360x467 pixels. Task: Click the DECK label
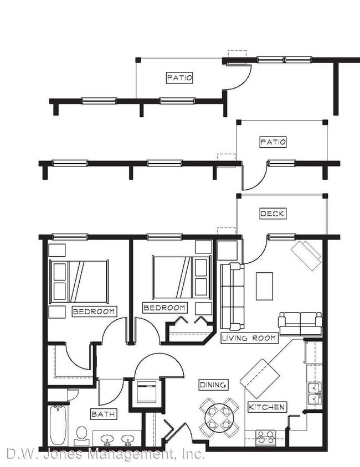click(272, 214)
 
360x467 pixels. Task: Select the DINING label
click(213, 385)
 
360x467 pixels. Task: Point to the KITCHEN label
click(267, 407)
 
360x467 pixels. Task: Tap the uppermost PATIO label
click(179, 78)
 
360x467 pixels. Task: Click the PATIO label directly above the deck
click(272, 142)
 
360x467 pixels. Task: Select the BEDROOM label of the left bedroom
click(94, 312)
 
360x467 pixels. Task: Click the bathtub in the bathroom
click(58, 425)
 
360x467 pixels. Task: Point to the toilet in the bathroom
click(81, 434)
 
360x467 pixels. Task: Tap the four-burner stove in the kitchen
click(266, 437)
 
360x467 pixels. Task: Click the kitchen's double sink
click(315, 393)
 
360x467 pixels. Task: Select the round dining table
click(216, 417)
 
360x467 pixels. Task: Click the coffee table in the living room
click(264, 286)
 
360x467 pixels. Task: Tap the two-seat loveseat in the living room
click(300, 323)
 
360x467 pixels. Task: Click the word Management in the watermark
click(143, 455)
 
